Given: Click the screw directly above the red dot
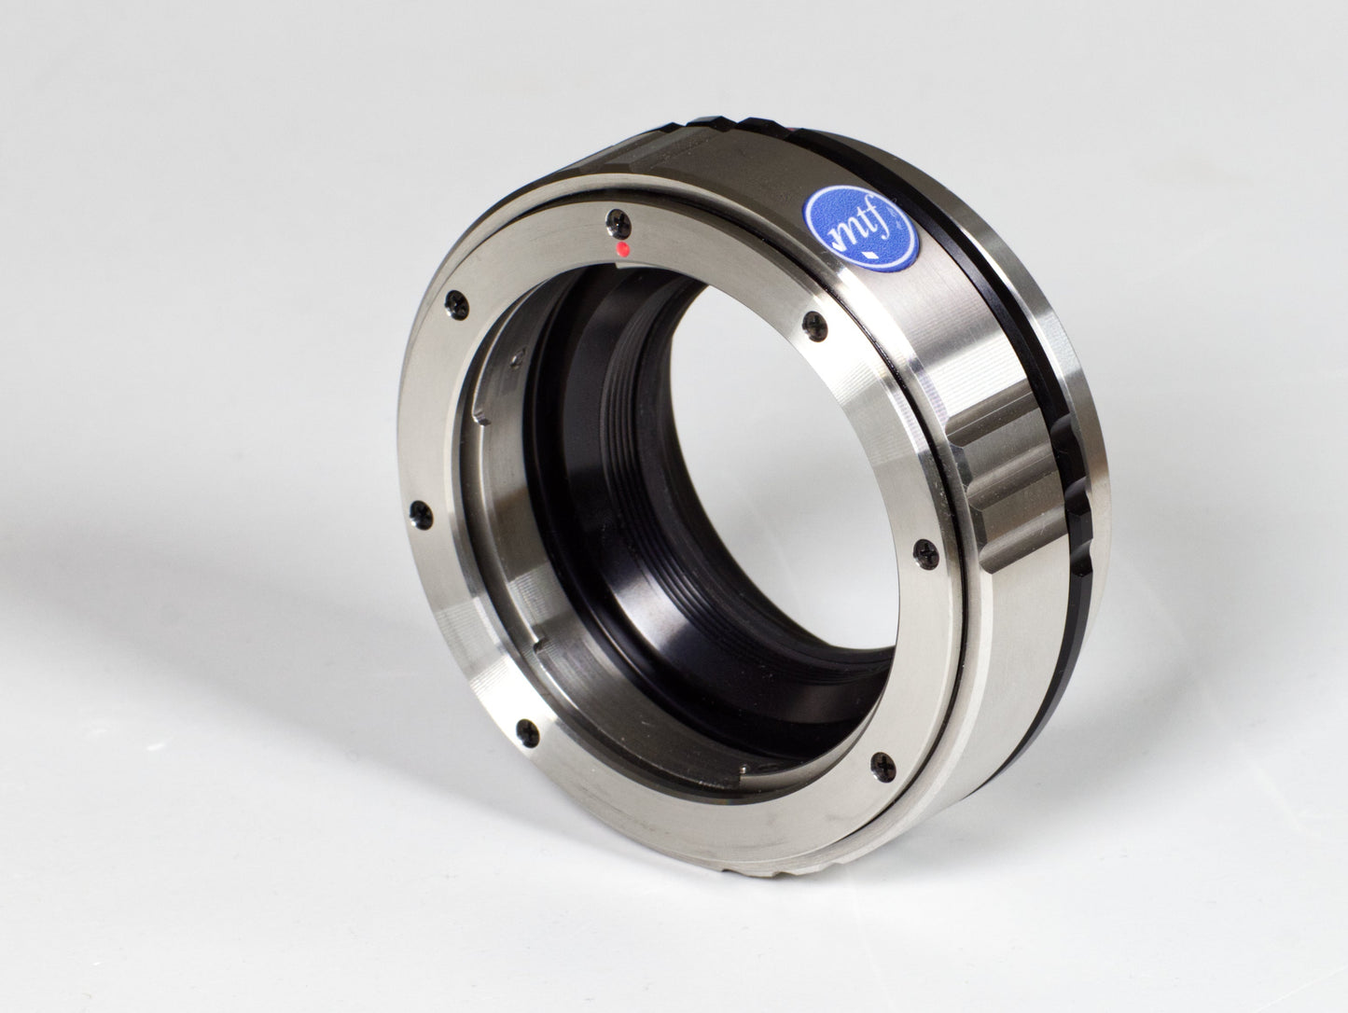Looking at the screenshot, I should click(x=616, y=220).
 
